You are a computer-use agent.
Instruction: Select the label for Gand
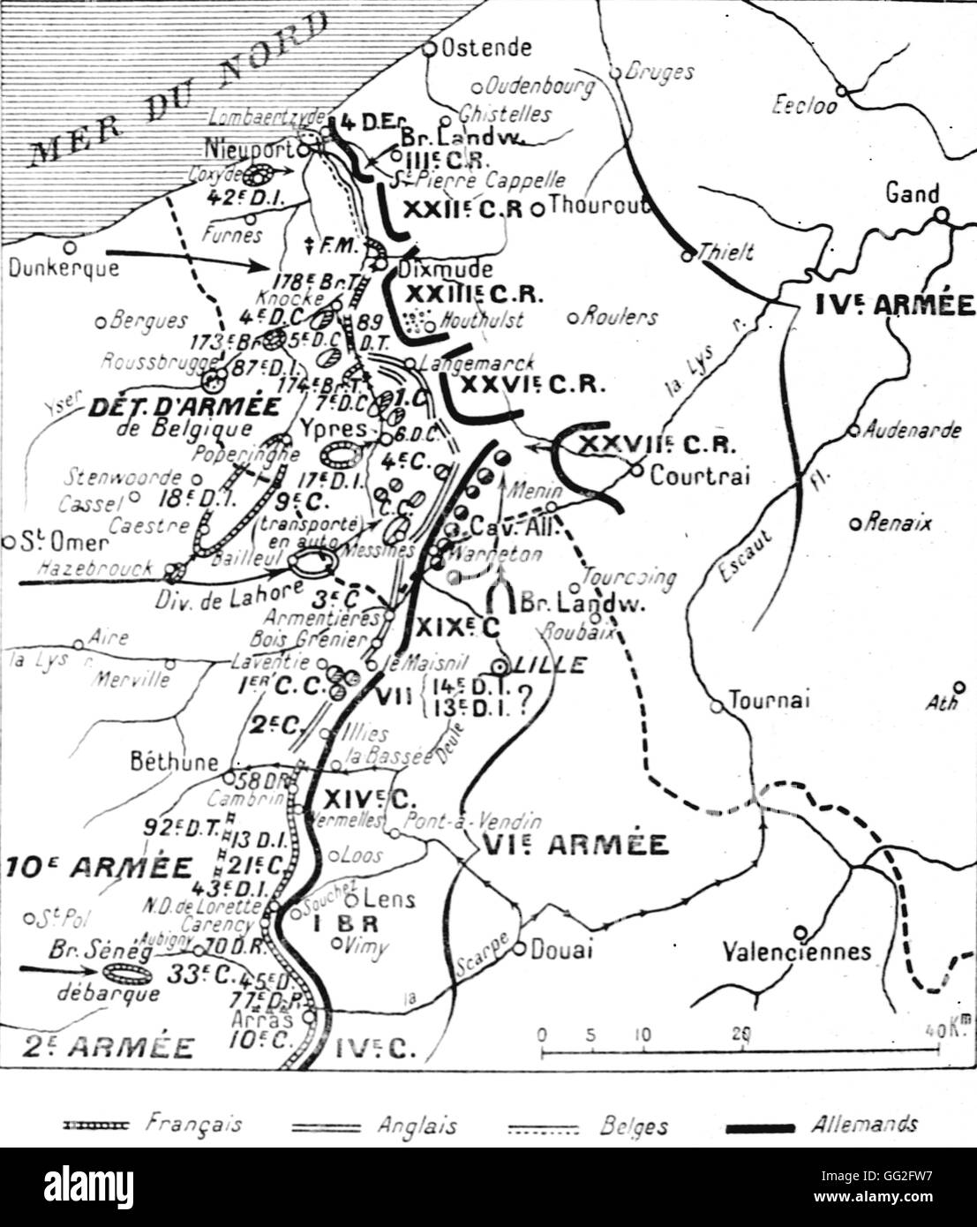click(912, 193)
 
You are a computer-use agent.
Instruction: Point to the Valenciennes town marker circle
click(800, 931)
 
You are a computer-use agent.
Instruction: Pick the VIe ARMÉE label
click(575, 844)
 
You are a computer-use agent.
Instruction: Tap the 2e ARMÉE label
click(97, 1047)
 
